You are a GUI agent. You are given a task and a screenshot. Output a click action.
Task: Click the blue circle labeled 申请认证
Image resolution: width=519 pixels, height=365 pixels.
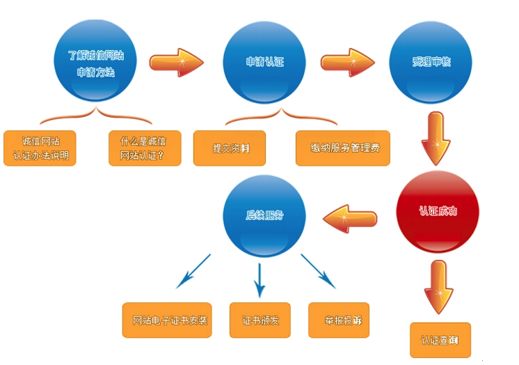tap(265, 62)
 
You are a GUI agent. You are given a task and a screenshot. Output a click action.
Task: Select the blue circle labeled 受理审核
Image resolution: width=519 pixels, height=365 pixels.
tap(431, 62)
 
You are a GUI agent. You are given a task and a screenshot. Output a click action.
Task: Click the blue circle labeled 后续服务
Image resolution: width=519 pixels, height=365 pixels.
tap(264, 216)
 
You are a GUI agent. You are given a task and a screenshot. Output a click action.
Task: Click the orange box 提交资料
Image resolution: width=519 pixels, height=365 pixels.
tap(230, 148)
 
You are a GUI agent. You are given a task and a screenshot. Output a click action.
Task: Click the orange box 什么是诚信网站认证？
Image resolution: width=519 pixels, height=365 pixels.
tap(145, 148)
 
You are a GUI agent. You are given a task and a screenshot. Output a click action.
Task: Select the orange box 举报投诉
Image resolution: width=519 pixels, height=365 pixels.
tap(339, 321)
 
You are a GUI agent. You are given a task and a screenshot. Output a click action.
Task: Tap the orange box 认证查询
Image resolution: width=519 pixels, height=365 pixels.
tap(440, 341)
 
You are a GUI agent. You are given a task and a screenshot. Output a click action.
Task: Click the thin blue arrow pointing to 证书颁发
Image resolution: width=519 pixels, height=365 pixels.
tap(259, 279)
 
